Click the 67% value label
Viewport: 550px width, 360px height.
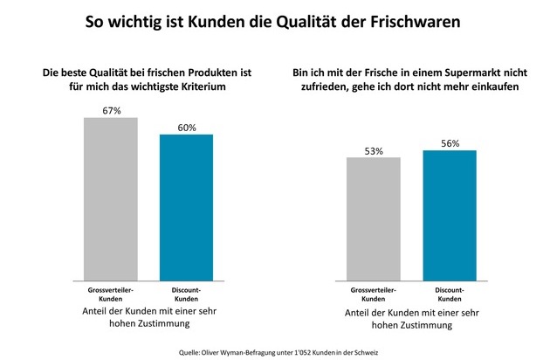coord(111,109)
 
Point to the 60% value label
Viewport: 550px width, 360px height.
coord(186,127)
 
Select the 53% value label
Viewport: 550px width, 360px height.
coord(373,150)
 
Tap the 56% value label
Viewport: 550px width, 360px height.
coord(449,143)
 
